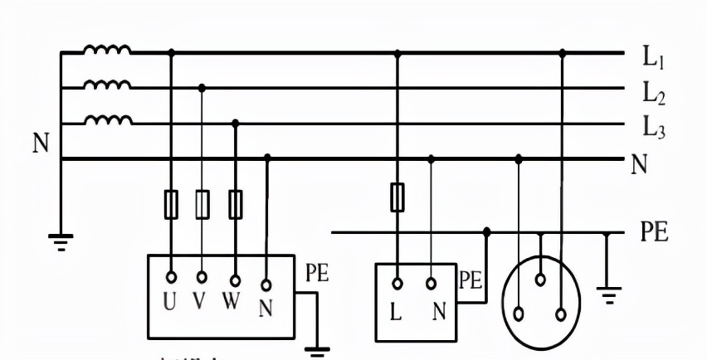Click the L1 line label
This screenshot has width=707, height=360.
tap(655, 58)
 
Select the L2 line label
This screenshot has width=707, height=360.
tap(655, 95)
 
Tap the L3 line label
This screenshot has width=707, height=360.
tap(655, 129)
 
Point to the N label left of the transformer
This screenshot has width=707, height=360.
tap(41, 144)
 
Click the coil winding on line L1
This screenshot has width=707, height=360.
tap(107, 51)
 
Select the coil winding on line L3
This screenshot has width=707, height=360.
tap(107, 121)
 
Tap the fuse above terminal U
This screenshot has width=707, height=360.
tap(171, 204)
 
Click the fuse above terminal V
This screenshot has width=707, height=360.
tap(202, 204)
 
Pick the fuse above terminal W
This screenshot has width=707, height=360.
tap(235, 204)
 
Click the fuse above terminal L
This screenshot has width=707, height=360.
tap(397, 197)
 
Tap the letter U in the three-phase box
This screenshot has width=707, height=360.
tap(170, 303)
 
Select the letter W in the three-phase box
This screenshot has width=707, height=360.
tap(232, 302)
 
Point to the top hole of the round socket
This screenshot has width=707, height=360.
tap(540, 281)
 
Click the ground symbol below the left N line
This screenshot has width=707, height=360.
tap(61, 241)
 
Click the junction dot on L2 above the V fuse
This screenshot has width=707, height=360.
tap(202, 86)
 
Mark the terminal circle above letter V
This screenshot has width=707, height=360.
tap(202, 277)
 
